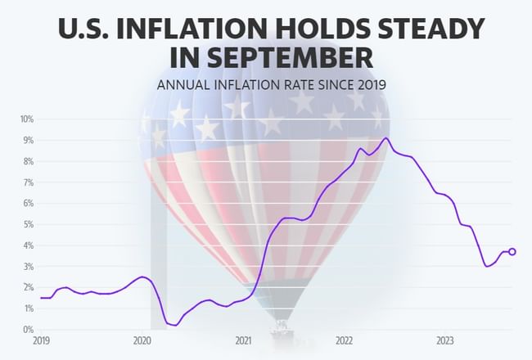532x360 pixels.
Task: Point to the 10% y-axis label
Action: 25,119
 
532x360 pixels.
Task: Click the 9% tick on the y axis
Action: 27,141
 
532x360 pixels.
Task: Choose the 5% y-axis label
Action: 27,224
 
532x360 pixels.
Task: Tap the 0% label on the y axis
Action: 27,329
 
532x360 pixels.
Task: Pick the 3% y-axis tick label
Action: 27,267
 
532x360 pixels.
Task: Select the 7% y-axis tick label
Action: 27,182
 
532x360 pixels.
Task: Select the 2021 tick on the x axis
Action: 243,340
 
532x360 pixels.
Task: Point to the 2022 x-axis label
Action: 344,340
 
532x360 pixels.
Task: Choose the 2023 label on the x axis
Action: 445,340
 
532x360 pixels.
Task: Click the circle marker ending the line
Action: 512,252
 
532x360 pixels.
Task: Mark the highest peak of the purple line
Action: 385,138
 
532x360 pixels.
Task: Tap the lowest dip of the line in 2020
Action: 175,325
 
